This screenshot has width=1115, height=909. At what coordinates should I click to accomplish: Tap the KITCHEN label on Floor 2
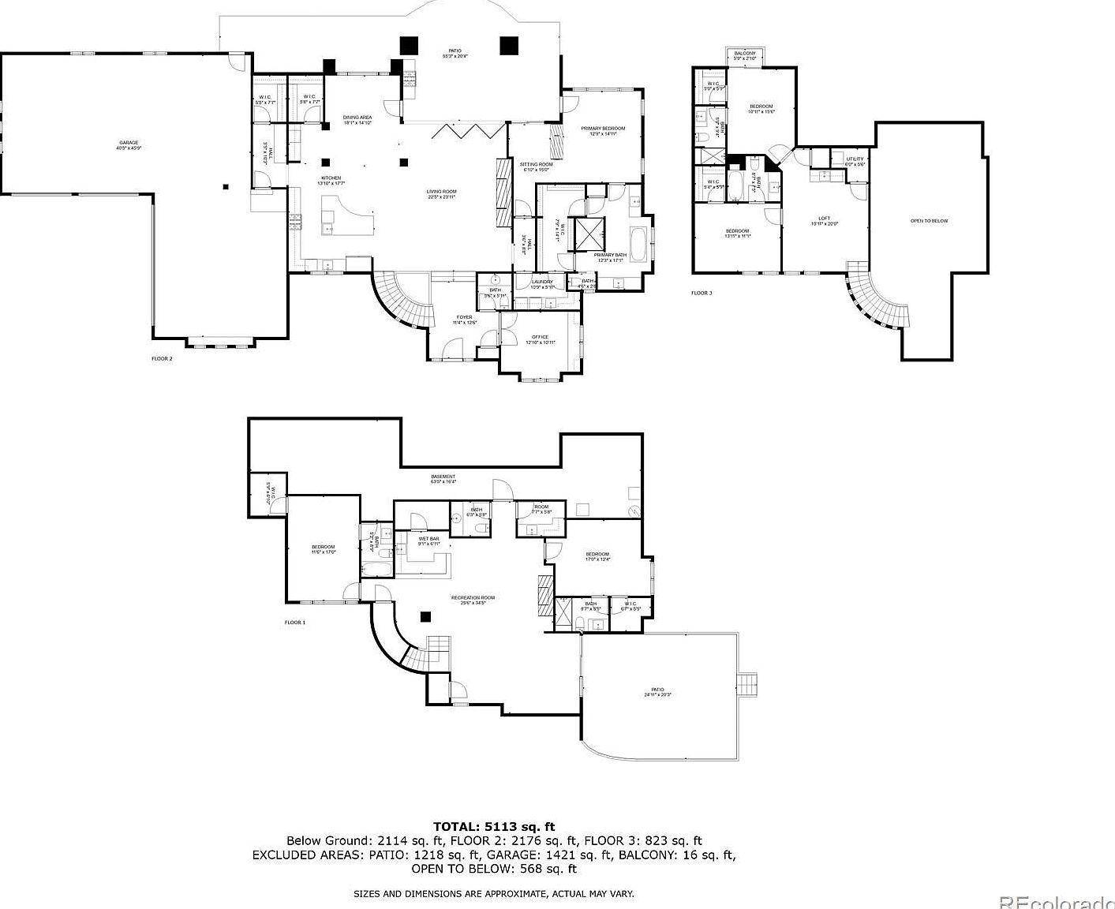coord(331,178)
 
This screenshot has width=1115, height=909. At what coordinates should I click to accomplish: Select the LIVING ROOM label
coord(442,192)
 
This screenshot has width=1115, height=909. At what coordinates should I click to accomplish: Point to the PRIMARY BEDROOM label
coord(603,129)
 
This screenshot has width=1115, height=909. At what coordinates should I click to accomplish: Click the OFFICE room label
coord(541,337)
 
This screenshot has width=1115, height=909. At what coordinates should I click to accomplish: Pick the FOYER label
coord(463,317)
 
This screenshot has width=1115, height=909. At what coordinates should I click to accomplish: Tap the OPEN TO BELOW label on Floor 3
coord(929,221)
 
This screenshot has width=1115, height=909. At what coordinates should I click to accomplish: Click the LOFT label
coord(824,219)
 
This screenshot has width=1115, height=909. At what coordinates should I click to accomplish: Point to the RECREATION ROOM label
coord(473,598)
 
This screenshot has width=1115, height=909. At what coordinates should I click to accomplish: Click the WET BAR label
coord(418,538)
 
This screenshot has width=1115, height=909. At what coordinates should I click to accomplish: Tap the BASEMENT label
coord(443,477)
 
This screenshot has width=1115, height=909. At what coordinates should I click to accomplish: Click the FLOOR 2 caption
coord(162,358)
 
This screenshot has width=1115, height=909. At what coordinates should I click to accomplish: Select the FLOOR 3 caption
coord(702,293)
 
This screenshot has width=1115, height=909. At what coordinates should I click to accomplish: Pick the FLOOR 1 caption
coord(295,623)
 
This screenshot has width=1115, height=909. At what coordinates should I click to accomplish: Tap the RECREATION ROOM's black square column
coord(425,617)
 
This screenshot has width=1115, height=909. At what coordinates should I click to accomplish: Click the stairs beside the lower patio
coord(748,683)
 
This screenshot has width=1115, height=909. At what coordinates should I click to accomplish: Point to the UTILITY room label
coord(855,159)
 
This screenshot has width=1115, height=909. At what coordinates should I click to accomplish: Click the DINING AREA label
coord(357,118)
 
